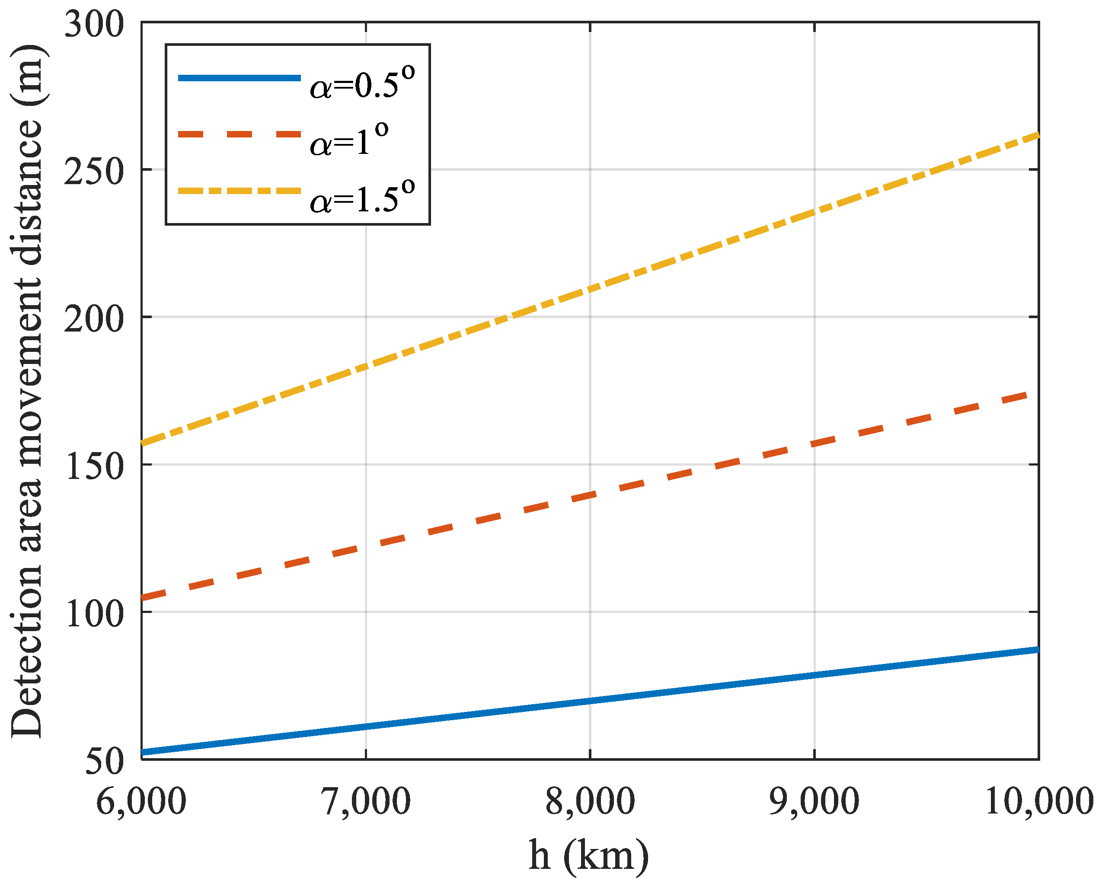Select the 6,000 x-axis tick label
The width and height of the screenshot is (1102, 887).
141,801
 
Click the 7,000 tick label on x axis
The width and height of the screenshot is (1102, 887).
366,801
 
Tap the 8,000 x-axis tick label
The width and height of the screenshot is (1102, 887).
591,801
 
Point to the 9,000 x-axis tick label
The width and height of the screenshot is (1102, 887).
814,801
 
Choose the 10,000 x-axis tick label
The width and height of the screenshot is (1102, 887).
1038,801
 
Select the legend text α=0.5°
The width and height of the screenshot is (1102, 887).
362,84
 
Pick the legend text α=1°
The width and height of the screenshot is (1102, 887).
349,140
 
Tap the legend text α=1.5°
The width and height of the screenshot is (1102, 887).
362,198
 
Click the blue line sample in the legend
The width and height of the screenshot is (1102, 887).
239,78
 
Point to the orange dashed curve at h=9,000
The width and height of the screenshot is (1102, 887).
814,443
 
